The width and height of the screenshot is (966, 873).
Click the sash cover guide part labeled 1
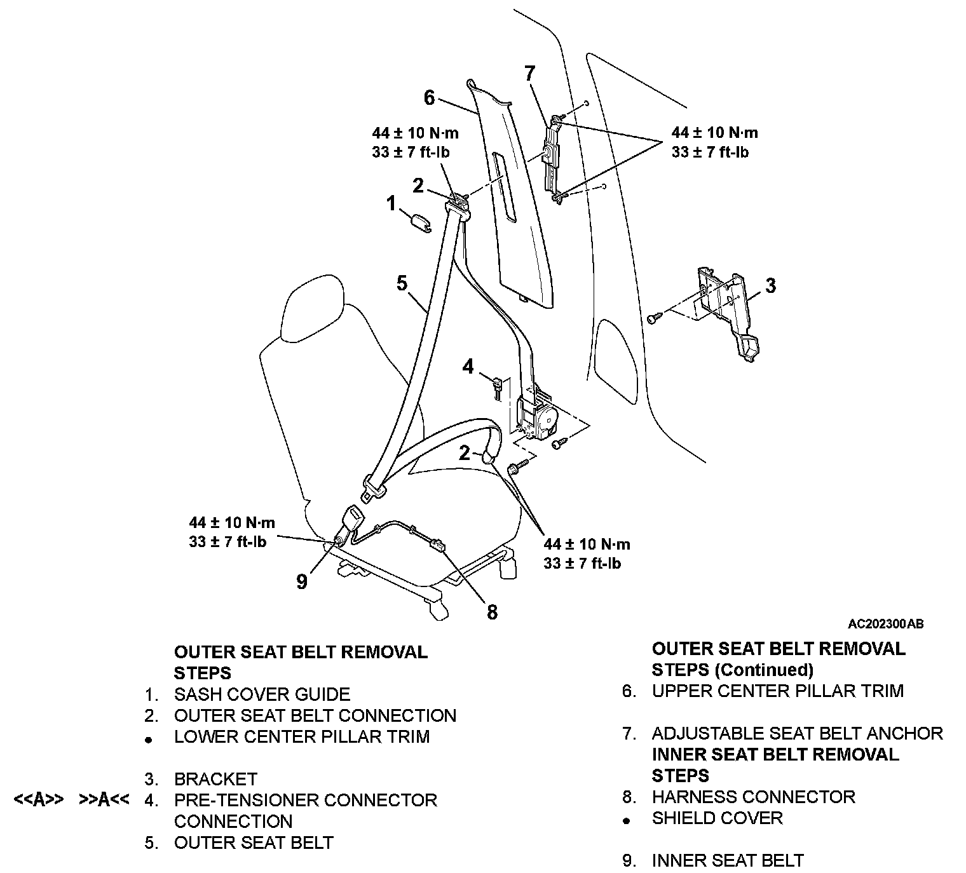coord(419,222)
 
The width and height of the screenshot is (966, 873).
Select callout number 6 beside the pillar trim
coord(430,98)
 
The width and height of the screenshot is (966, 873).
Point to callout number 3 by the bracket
coord(770,285)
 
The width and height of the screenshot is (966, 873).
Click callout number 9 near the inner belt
coord(302,581)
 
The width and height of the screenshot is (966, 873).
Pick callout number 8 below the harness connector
coord(492,612)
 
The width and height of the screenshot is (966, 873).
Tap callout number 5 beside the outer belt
coord(402,283)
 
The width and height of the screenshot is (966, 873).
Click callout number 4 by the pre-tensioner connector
coord(468,367)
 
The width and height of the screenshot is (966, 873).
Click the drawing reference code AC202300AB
coord(885,624)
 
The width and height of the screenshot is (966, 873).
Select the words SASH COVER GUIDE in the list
coord(262,694)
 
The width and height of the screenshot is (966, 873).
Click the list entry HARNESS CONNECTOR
coord(753,797)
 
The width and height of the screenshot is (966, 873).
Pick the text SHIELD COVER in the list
coord(717,818)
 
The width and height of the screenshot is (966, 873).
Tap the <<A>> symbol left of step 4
coord(38,800)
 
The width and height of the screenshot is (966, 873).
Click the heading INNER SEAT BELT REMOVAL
coord(775,755)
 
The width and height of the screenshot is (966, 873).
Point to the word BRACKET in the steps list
coord(215,779)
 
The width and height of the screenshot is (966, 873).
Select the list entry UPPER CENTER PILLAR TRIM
coord(777,691)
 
